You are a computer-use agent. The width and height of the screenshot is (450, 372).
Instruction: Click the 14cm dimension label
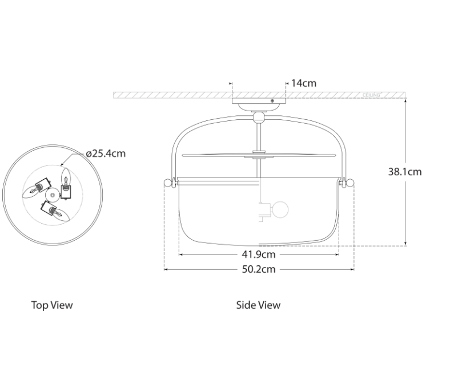(304, 83)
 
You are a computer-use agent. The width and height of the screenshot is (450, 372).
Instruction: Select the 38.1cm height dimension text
(405, 171)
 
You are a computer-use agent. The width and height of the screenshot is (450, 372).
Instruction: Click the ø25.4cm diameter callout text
(106, 153)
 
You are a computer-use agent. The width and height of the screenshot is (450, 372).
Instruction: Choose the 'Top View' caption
(52, 305)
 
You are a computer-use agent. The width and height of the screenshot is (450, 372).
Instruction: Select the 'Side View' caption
(258, 305)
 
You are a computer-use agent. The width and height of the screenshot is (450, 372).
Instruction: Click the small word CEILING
(371, 95)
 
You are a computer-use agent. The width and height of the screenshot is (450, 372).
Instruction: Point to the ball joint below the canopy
(259, 117)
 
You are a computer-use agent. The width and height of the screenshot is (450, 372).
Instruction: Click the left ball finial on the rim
(167, 183)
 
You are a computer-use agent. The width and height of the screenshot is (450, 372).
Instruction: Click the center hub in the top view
(53, 196)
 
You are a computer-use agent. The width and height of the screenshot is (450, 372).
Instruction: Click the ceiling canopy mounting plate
(258, 103)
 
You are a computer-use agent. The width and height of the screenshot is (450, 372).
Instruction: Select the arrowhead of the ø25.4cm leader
(62, 166)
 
